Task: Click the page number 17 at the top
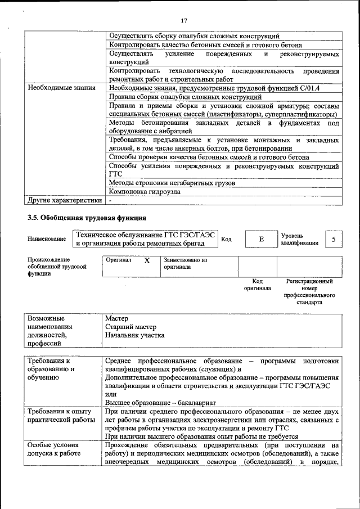pos(183,21)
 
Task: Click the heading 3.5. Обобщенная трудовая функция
pos(87,218)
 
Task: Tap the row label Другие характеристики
pos(65,200)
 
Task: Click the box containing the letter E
pos(261,240)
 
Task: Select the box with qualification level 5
pos(334,240)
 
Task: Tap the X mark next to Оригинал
pos(147,261)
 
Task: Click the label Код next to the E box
pos(226,240)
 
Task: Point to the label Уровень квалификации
pos(300,240)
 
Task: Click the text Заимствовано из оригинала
pos(186,264)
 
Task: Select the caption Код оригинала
pos(257,284)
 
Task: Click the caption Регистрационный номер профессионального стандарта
pos(309,291)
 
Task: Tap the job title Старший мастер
pos(131,327)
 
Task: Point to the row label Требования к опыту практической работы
pos(62,416)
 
